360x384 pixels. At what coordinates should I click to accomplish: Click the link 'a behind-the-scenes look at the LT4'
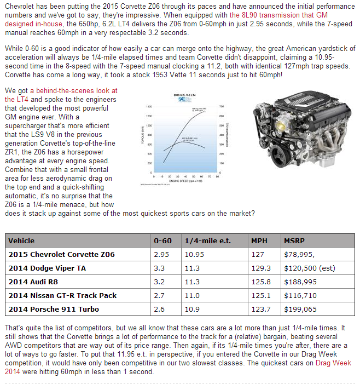[73, 90]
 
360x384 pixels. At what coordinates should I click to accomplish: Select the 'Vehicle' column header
[21, 240]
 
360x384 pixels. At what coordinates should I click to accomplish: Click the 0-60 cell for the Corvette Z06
[161, 254]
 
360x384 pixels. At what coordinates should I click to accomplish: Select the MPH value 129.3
[260, 268]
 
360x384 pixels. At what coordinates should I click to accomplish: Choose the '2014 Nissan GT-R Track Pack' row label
[62, 295]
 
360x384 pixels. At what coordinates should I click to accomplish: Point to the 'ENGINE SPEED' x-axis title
[183, 179]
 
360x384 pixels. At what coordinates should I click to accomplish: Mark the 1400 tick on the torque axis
[149, 106]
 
